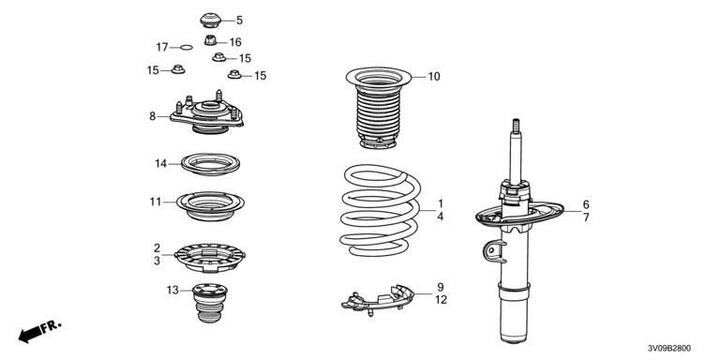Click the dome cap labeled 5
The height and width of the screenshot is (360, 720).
pyautogui.click(x=211, y=21)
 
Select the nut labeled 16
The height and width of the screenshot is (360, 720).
pyautogui.click(x=211, y=41)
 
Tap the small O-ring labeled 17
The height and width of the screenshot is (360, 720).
pyautogui.click(x=187, y=47)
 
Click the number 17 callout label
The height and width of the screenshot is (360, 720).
pyautogui.click(x=162, y=47)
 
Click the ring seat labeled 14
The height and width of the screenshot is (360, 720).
pyautogui.click(x=210, y=164)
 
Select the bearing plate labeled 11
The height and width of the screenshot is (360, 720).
pyautogui.click(x=210, y=205)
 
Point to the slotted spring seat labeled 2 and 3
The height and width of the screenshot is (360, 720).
pyautogui.click(x=210, y=257)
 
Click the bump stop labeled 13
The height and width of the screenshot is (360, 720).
pyautogui.click(x=210, y=303)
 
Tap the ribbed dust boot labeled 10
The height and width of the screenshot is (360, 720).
pyautogui.click(x=379, y=108)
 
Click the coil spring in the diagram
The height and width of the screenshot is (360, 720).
pyautogui.click(x=381, y=210)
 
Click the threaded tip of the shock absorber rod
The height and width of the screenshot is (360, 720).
pyautogui.click(x=516, y=127)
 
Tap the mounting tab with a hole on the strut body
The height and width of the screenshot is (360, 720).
pyautogui.click(x=493, y=251)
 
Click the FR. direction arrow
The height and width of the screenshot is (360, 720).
pyautogui.click(x=39, y=332)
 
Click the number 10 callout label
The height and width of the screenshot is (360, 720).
pyautogui.click(x=434, y=77)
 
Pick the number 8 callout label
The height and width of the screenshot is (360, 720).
pyautogui.click(x=153, y=116)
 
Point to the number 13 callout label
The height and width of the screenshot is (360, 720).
pyautogui.click(x=172, y=291)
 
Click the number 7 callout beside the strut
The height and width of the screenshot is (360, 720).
pyautogui.click(x=586, y=217)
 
